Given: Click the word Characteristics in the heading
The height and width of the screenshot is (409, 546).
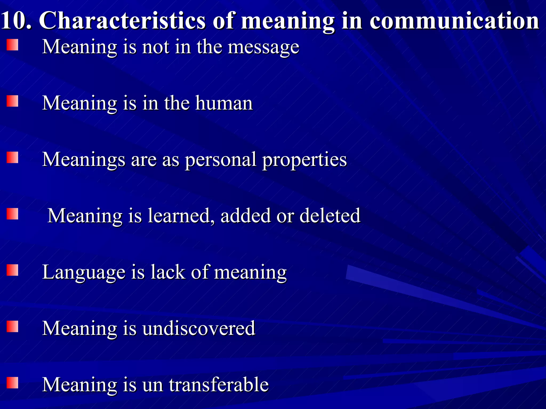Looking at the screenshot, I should tap(122, 21).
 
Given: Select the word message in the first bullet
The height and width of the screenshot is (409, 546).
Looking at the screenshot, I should tap(263, 47).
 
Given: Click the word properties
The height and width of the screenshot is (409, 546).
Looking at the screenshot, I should tap(304, 160).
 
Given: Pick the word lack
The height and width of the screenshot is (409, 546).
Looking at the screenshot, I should tap(168, 272).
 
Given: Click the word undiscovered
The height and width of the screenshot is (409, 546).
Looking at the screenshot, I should tap(199, 328).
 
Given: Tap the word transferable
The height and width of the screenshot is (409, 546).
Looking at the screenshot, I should tap(219, 385).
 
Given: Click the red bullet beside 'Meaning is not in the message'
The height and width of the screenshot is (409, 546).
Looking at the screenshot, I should tap(12, 45).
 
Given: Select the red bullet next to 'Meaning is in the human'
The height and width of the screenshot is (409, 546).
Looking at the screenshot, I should tap(12, 101).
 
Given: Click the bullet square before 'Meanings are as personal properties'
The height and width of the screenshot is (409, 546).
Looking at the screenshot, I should tap(12, 157).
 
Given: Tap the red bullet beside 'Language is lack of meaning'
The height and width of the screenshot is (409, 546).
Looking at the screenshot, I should tap(12, 270).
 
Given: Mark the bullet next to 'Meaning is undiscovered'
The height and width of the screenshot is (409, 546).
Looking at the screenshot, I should tap(12, 326).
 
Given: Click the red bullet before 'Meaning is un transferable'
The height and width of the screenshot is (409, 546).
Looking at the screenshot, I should tap(12, 383).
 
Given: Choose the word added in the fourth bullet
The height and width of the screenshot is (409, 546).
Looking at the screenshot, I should tap(246, 216).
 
